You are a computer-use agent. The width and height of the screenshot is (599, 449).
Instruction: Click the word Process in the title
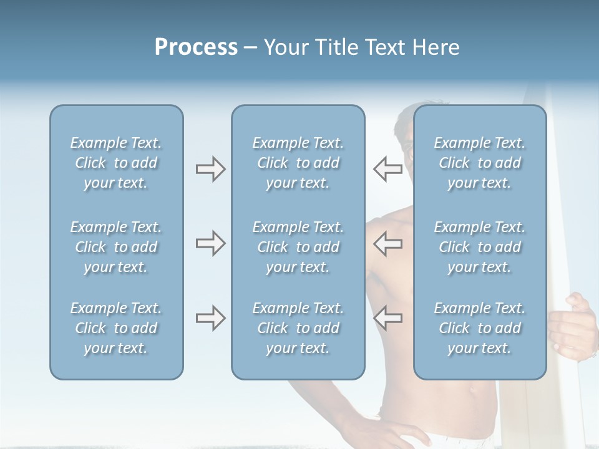click(196, 47)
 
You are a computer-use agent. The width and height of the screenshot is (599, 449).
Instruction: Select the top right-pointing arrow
click(210, 169)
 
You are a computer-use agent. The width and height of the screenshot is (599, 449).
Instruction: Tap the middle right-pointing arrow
click(210, 243)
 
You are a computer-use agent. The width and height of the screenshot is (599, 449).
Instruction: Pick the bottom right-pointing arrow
click(210, 318)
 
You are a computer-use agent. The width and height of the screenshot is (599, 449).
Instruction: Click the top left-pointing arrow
click(387, 169)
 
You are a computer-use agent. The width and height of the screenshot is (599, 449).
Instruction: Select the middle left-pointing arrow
click(387, 243)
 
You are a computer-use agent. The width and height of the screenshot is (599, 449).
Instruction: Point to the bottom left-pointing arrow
click(387, 318)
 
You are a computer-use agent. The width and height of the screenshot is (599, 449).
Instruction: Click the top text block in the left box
click(116, 163)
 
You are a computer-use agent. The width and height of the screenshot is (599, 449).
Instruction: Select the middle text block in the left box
click(116, 247)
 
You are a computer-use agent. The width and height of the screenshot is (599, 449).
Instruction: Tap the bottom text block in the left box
click(116, 328)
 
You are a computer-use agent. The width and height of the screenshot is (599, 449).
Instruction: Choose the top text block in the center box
click(298, 163)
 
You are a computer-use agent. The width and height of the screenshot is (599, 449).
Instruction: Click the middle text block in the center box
click(298, 247)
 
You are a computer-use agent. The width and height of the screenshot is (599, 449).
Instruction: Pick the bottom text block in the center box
click(298, 328)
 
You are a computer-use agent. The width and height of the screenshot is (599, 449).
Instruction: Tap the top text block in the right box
click(479, 163)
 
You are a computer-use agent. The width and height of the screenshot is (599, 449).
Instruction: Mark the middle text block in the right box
click(479, 247)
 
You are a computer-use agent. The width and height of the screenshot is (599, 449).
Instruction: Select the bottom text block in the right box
click(479, 328)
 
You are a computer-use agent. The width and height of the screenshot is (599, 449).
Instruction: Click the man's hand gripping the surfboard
click(571, 324)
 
